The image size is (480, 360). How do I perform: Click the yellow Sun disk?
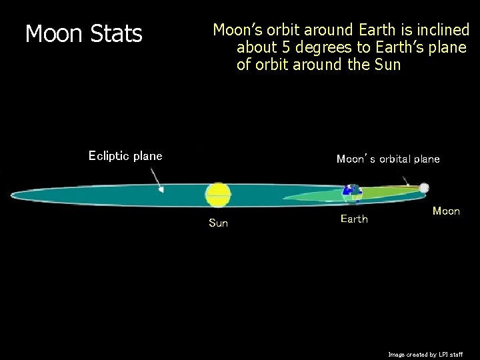tap(217, 195)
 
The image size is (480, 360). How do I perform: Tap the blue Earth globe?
tap(351, 193)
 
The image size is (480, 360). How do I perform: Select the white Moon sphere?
tap(424, 189)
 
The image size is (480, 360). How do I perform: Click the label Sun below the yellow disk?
tap(218, 223)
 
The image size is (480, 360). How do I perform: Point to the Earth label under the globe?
tap(354, 219)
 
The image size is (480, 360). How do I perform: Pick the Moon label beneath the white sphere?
tap(446, 211)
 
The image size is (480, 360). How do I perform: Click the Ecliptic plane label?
tap(125, 156)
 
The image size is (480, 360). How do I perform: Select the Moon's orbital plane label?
tap(388, 159)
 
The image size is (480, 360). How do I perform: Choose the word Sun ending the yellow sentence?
tap(387, 65)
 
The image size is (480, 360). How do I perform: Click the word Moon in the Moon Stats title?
tap(53, 34)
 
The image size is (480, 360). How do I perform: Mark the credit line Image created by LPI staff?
tap(425, 355)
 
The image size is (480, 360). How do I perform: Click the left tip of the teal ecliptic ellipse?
tap(12, 195)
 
